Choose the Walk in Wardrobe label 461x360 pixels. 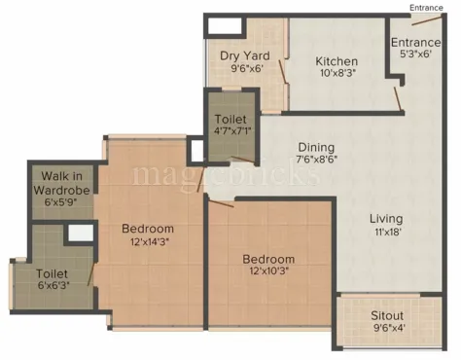pos(61,183)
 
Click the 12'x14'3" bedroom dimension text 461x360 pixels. pos(148,244)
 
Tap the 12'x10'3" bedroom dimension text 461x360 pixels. pos(269,274)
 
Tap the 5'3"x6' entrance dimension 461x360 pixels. pos(415,55)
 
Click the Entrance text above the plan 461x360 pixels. pos(426,8)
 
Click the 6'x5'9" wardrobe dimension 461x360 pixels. pos(63,203)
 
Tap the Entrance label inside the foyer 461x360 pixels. pos(416,43)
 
